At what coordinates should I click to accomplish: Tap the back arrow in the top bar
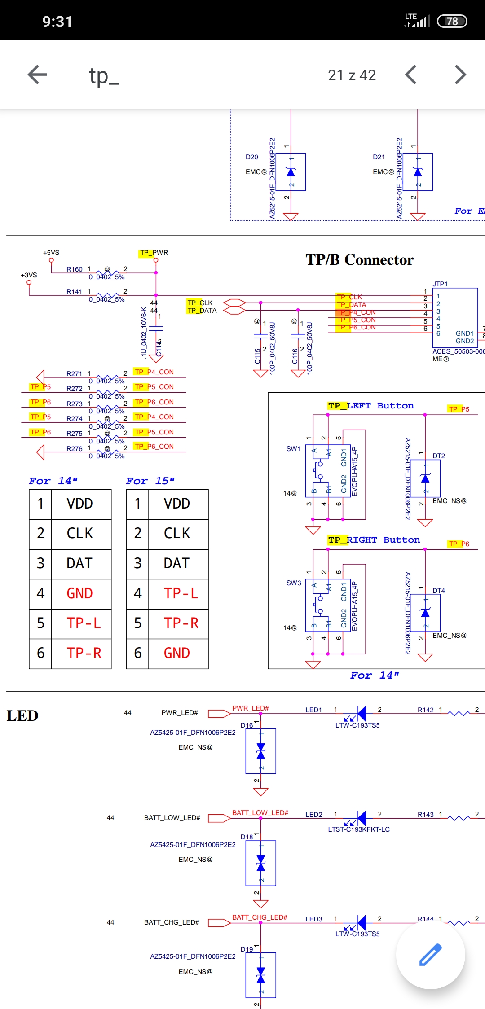point(37,75)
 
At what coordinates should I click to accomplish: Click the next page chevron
point(460,75)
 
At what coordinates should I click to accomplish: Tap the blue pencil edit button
point(430,955)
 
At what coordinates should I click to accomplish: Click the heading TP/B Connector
point(359,260)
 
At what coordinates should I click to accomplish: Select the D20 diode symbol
point(291,172)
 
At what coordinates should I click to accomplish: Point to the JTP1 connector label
point(440,284)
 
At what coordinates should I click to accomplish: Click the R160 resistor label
point(75,269)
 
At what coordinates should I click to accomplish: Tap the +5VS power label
point(51,253)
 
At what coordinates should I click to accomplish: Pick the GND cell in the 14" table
point(79,593)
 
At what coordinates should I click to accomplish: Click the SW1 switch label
point(294,449)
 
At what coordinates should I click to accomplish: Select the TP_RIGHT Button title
point(374,540)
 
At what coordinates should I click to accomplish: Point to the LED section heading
point(22,715)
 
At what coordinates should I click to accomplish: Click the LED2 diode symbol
point(361,818)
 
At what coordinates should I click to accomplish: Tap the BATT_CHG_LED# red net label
point(260,917)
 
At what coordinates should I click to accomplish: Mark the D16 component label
point(247,725)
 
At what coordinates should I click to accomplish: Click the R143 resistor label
point(426,815)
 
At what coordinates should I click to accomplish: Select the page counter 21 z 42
point(352,75)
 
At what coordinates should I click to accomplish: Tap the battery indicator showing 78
point(452,21)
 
